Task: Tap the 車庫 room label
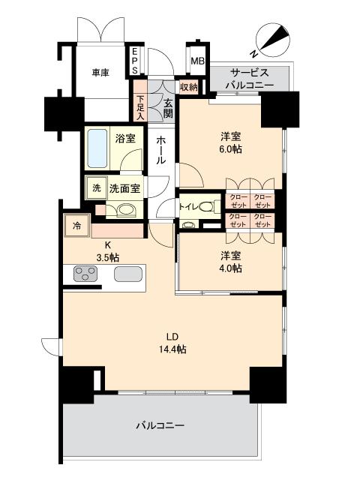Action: pyautogui.click(x=101, y=73)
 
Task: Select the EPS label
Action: pyautogui.click(x=135, y=61)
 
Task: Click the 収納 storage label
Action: pyautogui.click(x=188, y=88)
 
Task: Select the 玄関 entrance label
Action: pyautogui.click(x=168, y=109)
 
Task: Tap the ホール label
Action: pyautogui.click(x=161, y=150)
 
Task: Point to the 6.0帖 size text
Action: pyautogui.click(x=230, y=150)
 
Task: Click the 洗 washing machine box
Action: pyautogui.click(x=95, y=187)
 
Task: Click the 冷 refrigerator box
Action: pyautogui.click(x=76, y=223)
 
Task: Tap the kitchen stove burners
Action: pyautogui.click(x=87, y=275)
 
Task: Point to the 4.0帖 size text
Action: pyautogui.click(x=230, y=268)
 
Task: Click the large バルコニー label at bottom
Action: pyautogui.click(x=160, y=425)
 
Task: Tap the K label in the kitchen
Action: pyautogui.click(x=107, y=244)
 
